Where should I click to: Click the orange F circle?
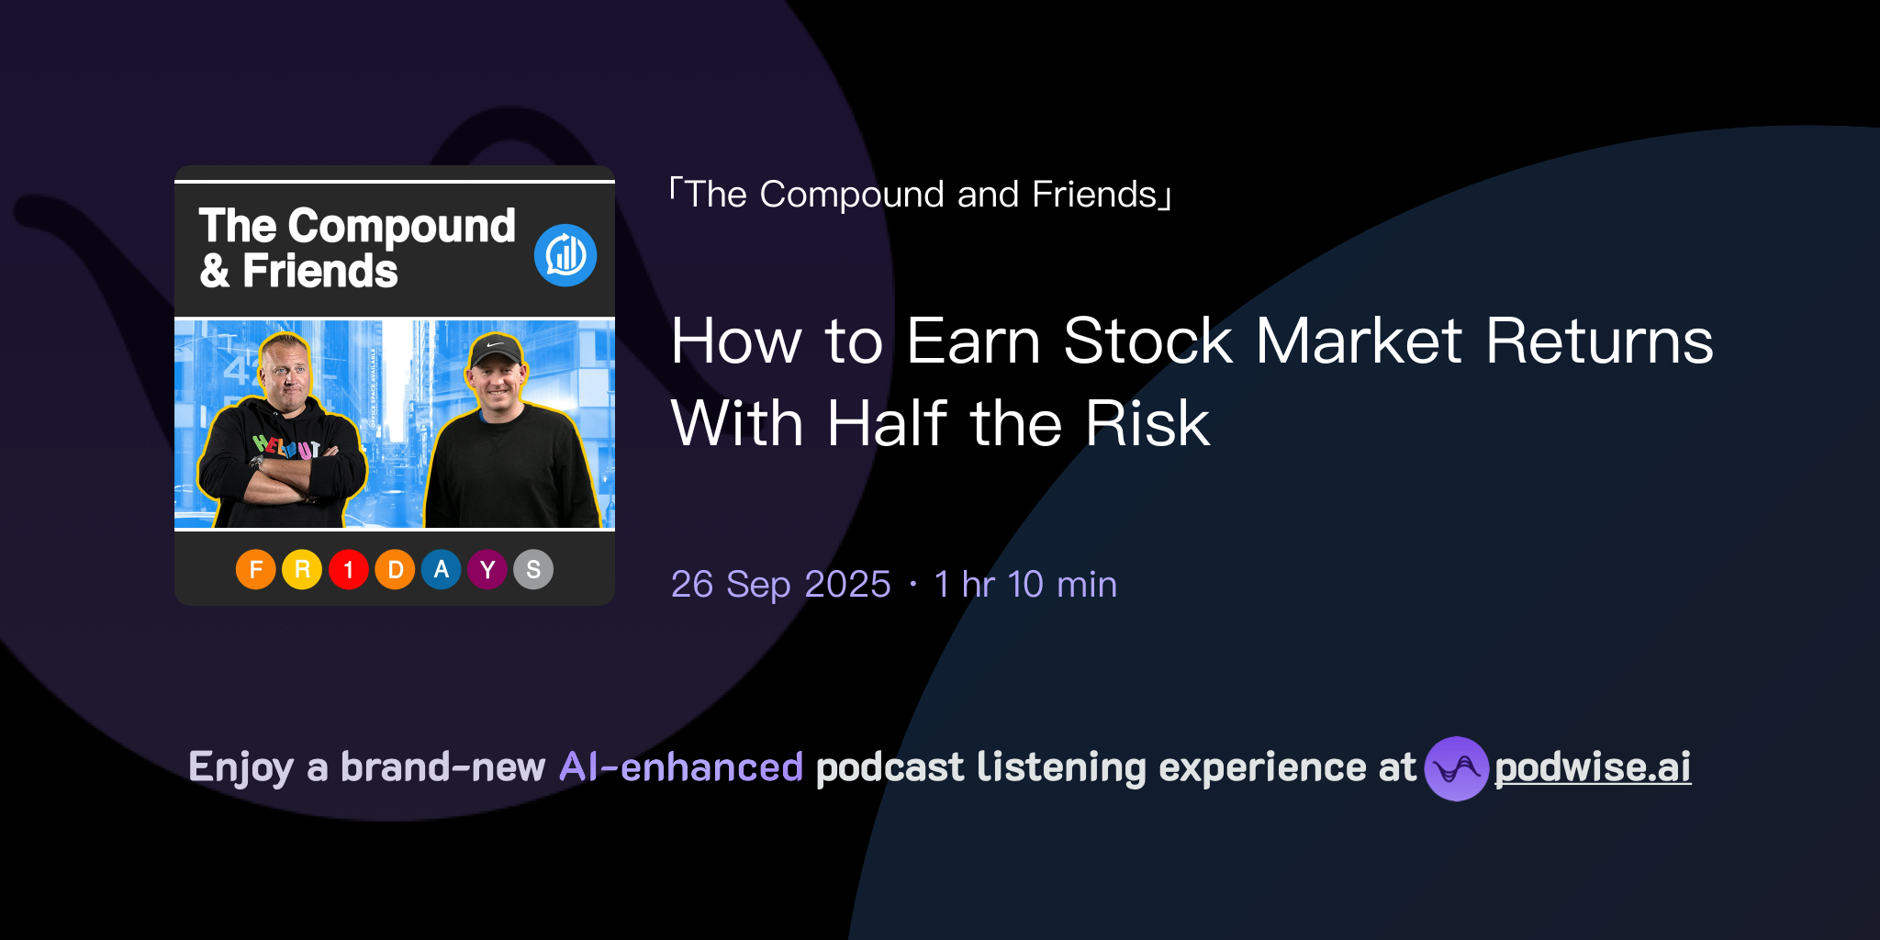pos(256,570)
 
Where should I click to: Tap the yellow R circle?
pos(302,570)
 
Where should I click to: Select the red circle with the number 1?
pos(349,570)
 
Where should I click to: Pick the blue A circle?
pos(442,570)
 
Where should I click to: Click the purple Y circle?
pos(487,570)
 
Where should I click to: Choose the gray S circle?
pos(533,570)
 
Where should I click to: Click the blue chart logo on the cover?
pos(565,255)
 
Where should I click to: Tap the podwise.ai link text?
pos(1593,767)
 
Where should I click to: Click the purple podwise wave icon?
pos(1456,768)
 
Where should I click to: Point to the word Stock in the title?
pos(1147,341)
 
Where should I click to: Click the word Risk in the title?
pos(1147,424)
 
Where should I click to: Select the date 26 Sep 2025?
pos(780,585)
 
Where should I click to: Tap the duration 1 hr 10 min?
pos(1025,585)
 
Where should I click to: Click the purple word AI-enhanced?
pos(681,767)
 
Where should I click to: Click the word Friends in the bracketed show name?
pos(1094,195)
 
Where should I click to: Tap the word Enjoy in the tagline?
pos(241,767)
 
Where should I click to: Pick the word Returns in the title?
pos(1599,341)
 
